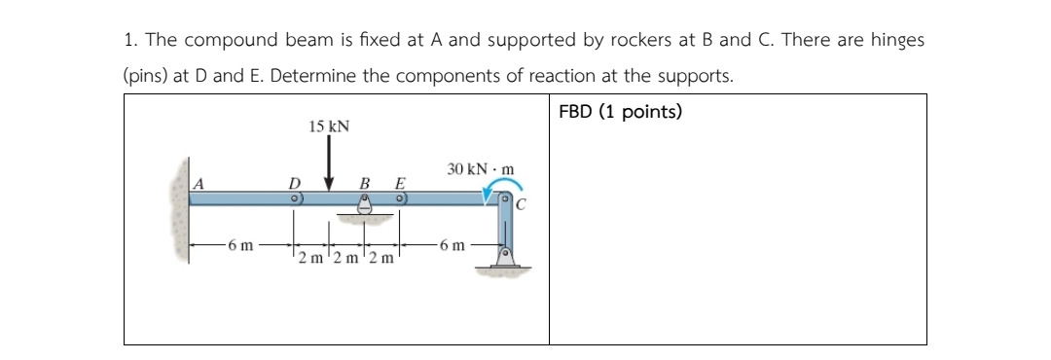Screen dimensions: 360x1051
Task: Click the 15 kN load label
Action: [x=329, y=126]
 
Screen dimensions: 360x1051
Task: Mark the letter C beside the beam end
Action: [x=521, y=204]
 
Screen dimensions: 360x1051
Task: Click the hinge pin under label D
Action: [x=291, y=198]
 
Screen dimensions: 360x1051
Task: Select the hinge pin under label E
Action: [x=400, y=198]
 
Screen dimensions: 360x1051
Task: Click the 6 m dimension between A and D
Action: [x=235, y=245]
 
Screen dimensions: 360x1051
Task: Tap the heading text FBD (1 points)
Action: [x=621, y=112]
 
